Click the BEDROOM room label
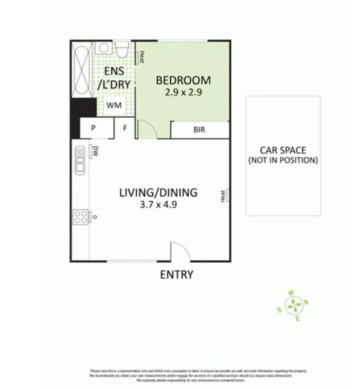[x=181, y=79]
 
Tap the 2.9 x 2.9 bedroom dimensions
[x=182, y=91]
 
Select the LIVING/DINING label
[x=158, y=192]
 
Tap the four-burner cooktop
[x=79, y=217]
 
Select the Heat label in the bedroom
[x=141, y=57]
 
